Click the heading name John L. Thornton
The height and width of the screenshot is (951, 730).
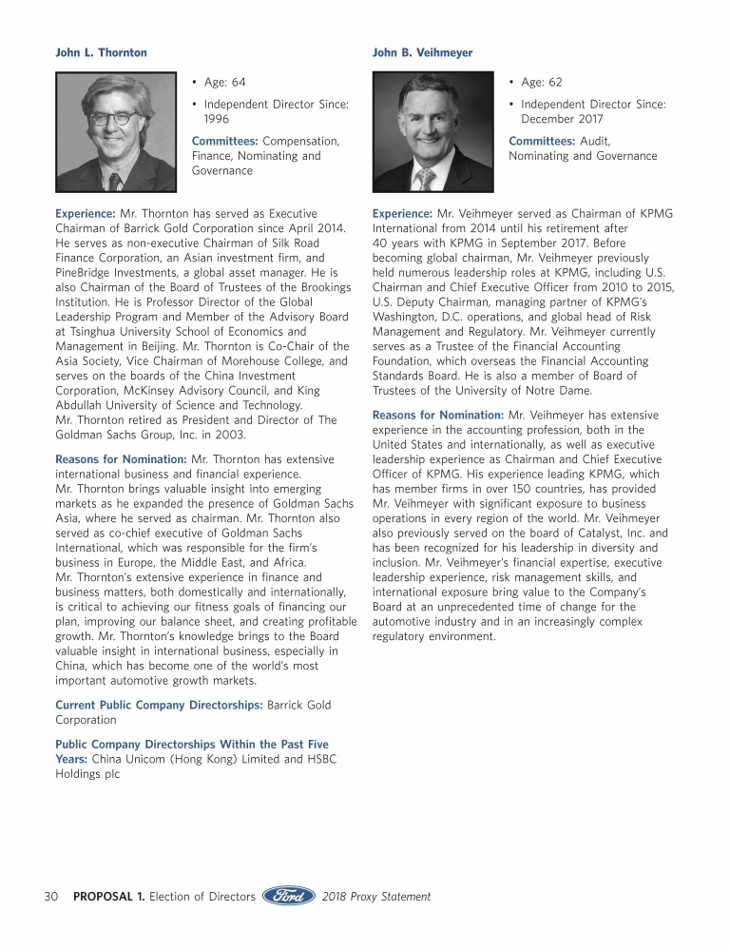[102, 52]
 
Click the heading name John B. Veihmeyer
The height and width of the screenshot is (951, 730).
[422, 52]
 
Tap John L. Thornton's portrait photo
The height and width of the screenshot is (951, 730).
[116, 132]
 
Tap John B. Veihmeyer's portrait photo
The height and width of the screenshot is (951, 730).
[432, 132]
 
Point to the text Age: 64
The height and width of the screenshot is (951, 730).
[224, 83]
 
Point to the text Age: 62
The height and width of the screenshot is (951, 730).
[542, 83]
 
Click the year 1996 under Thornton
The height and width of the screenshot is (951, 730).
[218, 119]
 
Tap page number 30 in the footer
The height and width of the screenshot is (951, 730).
[52, 896]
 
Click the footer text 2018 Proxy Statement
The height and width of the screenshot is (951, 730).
[375, 896]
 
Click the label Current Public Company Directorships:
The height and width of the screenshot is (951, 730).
[159, 705]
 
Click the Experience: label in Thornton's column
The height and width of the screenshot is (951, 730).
[86, 214]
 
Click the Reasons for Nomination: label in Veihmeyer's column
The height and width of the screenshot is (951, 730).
[438, 415]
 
